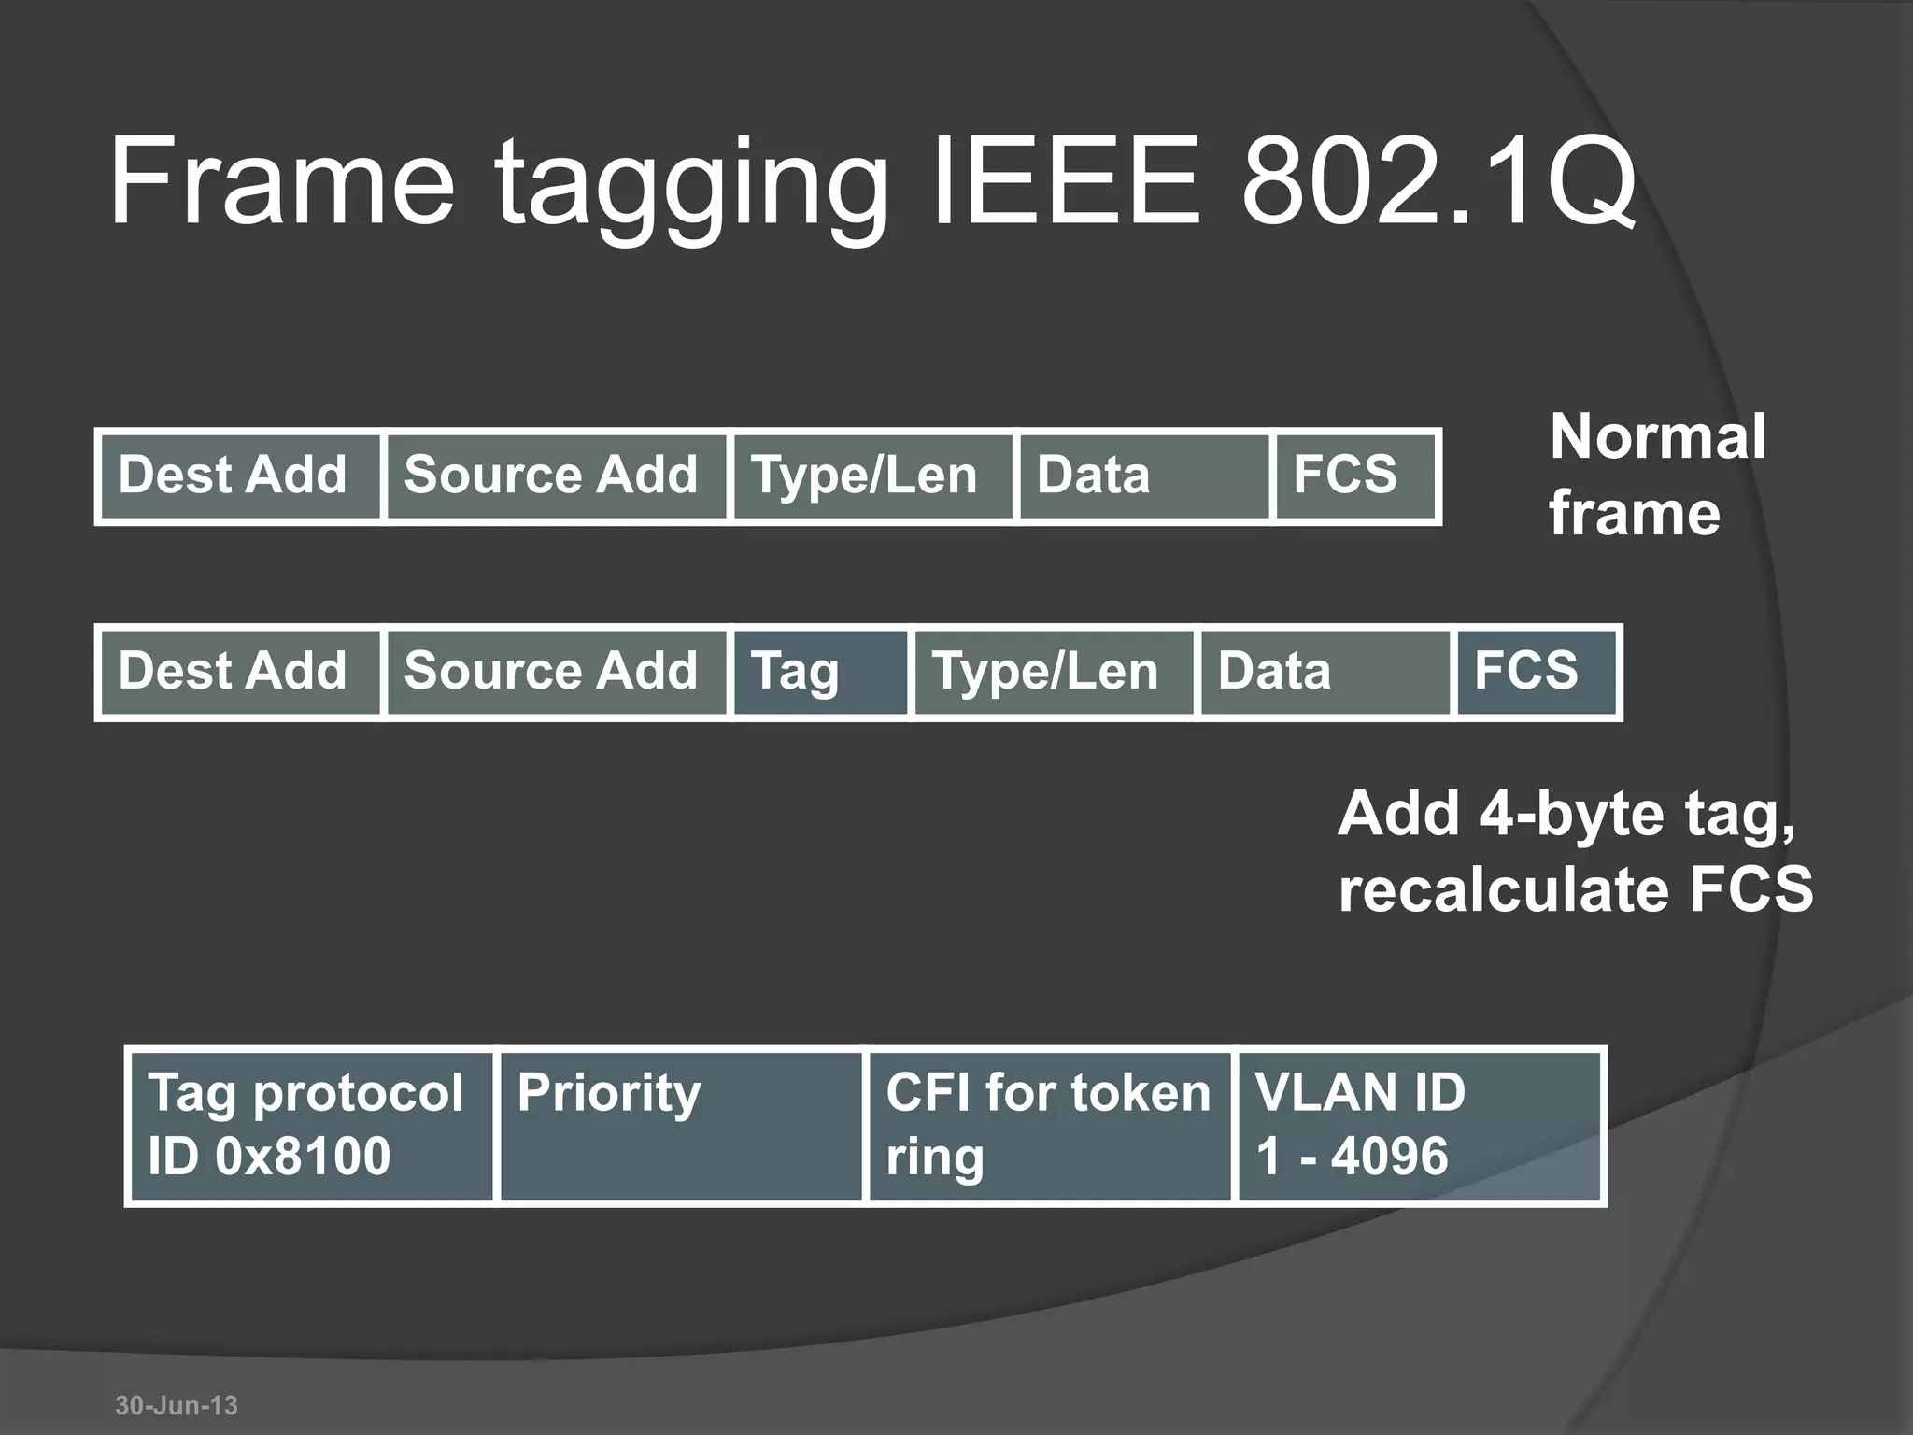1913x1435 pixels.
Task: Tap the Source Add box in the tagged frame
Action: point(557,673)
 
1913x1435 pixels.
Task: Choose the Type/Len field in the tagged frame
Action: point(1054,673)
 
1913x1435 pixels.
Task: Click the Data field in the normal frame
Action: point(1144,476)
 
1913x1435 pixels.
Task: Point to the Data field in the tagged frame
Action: point(1325,673)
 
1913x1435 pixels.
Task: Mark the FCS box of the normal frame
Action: point(1355,476)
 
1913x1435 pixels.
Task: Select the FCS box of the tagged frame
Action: point(1537,673)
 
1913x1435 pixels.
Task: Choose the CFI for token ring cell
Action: point(1049,1126)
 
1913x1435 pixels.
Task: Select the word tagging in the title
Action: point(689,187)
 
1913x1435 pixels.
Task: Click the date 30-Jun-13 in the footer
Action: point(177,1405)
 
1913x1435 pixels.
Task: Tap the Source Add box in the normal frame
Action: point(557,476)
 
